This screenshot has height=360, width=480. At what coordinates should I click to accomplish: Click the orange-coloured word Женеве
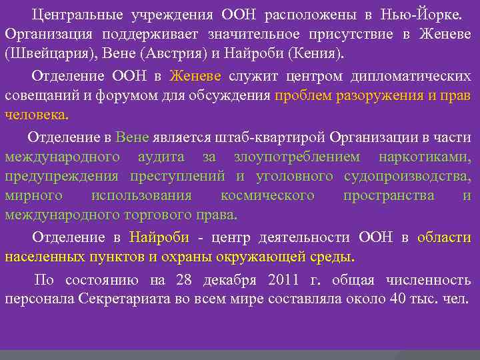(x=198, y=76)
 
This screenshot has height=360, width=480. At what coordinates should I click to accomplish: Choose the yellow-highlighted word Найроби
(x=159, y=237)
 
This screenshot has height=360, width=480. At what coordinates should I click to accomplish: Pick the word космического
(x=267, y=196)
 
